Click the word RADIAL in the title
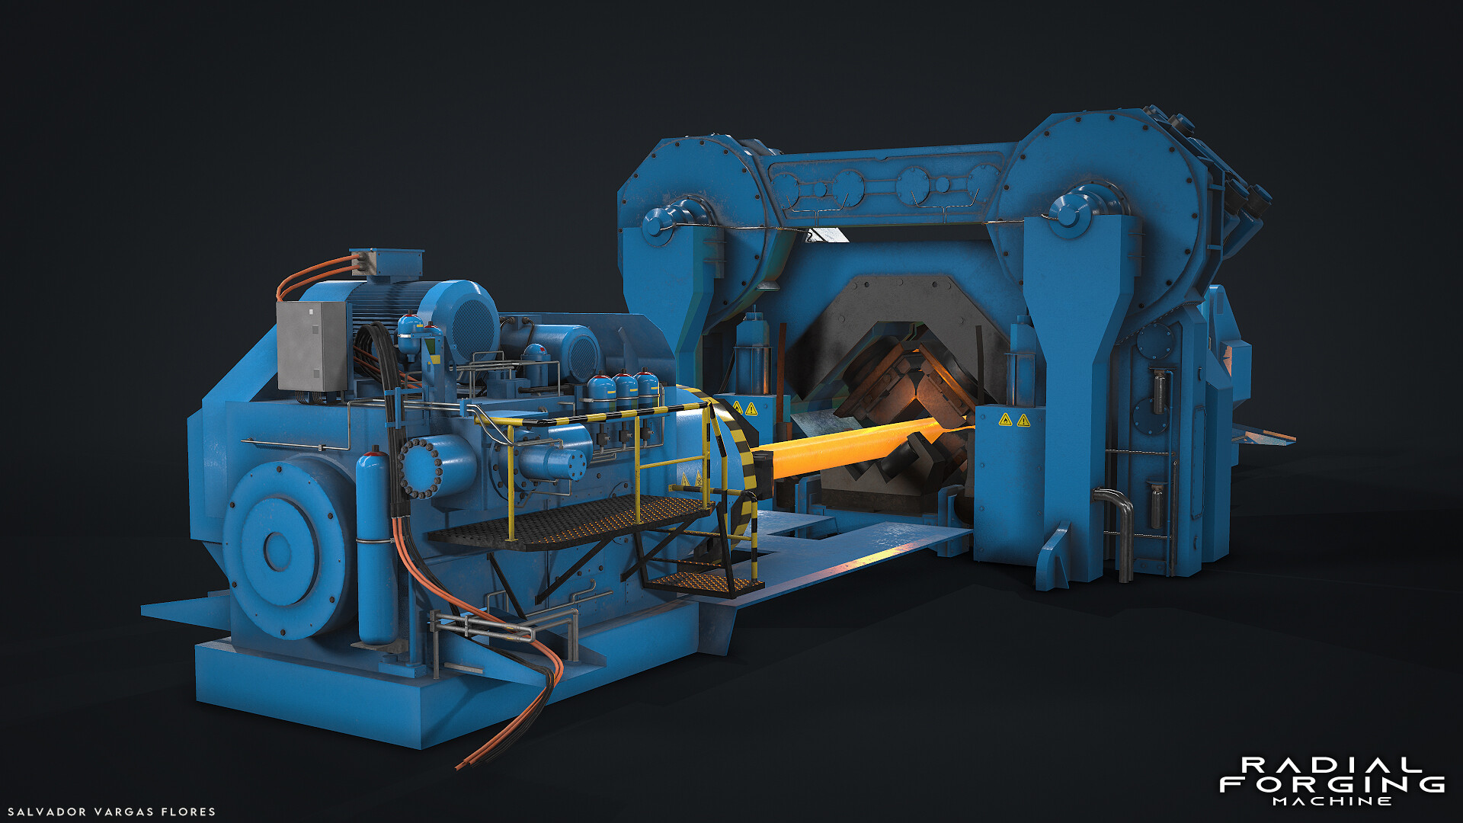point(1331,765)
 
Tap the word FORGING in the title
point(1331,784)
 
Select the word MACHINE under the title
point(1331,802)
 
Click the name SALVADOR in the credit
point(46,812)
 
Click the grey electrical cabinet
point(312,345)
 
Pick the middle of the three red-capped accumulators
point(625,390)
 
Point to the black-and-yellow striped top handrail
point(602,416)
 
